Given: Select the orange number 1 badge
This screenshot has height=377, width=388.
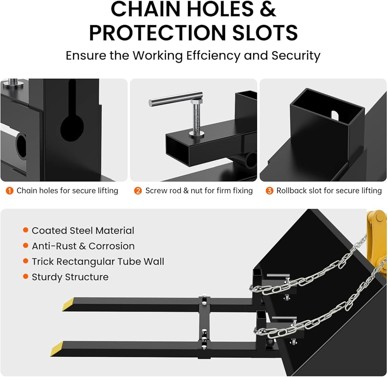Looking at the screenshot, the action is click(x=9, y=191).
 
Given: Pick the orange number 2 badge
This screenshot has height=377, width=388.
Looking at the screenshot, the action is click(x=138, y=191).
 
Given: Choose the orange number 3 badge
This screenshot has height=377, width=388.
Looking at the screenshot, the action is click(x=269, y=191).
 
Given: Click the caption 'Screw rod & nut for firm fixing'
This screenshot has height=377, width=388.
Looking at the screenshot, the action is click(x=199, y=191).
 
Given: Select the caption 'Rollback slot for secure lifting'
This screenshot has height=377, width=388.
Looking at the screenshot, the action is click(x=329, y=191).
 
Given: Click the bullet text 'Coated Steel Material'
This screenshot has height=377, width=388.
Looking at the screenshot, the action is click(x=83, y=231).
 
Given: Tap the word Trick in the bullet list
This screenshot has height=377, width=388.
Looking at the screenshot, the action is click(x=43, y=262).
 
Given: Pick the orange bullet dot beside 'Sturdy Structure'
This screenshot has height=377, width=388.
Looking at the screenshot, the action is click(x=26, y=277).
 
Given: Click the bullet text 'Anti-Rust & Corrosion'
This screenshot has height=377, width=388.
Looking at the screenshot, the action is click(x=83, y=246).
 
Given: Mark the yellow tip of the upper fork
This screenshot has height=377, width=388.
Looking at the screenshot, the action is click(x=68, y=304).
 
